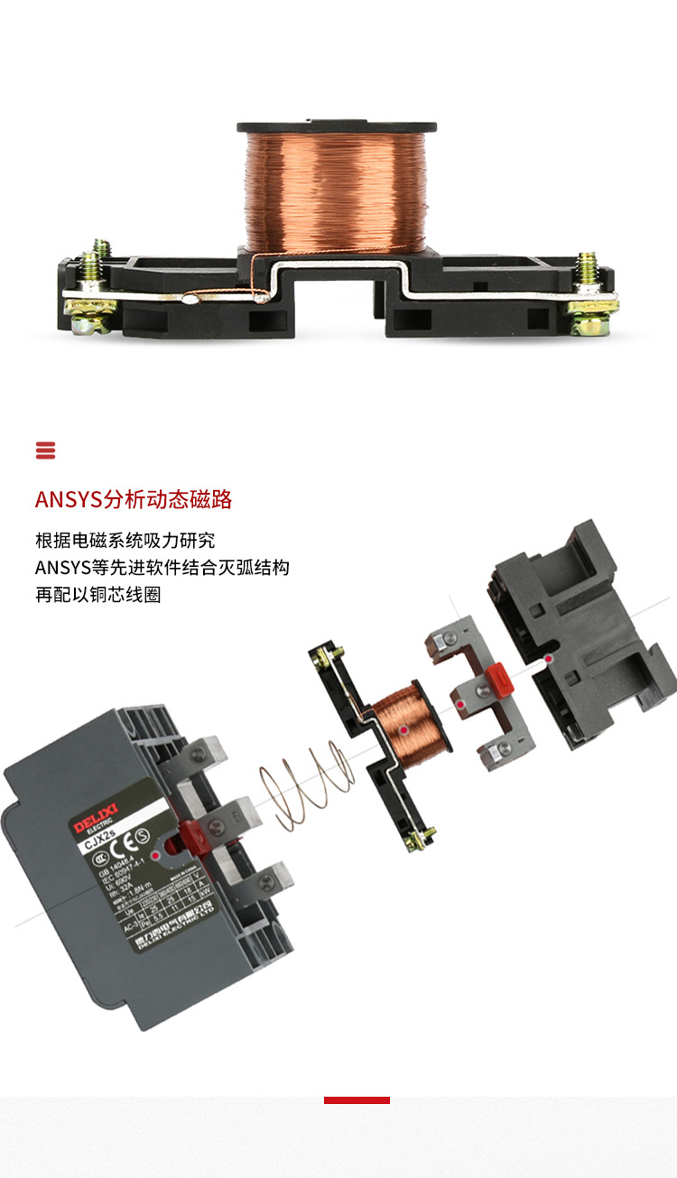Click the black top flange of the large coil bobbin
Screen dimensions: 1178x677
tap(337, 126)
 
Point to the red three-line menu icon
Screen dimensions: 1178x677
tap(45, 450)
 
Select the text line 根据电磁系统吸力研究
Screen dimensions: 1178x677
tap(125, 541)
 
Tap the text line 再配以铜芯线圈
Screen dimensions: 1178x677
tap(98, 595)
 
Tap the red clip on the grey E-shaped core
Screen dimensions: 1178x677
tap(499, 678)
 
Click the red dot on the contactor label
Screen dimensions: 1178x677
tap(156, 853)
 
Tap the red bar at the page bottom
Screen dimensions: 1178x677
tap(357, 1100)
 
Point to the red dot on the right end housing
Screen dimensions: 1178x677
tap(548, 660)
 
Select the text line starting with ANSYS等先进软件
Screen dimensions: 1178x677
tap(162, 568)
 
